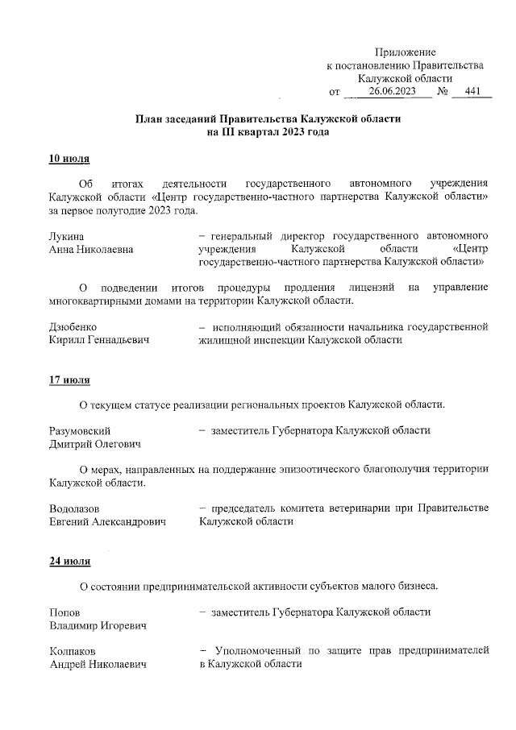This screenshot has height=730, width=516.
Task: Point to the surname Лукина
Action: coord(67,236)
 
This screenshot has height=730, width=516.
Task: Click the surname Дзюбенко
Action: coord(73,327)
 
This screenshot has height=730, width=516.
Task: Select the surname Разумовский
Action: coord(80,430)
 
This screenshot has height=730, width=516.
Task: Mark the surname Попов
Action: coord(64,612)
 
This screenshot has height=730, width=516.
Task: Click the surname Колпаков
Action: coord(73,650)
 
